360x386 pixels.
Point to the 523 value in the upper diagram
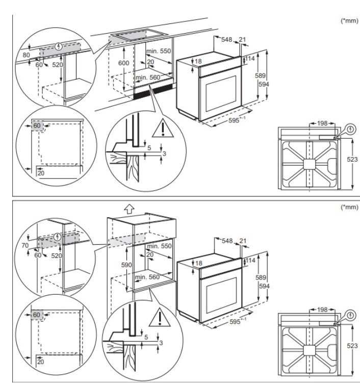tap(352, 160)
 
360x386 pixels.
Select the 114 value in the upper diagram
tap(249, 59)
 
